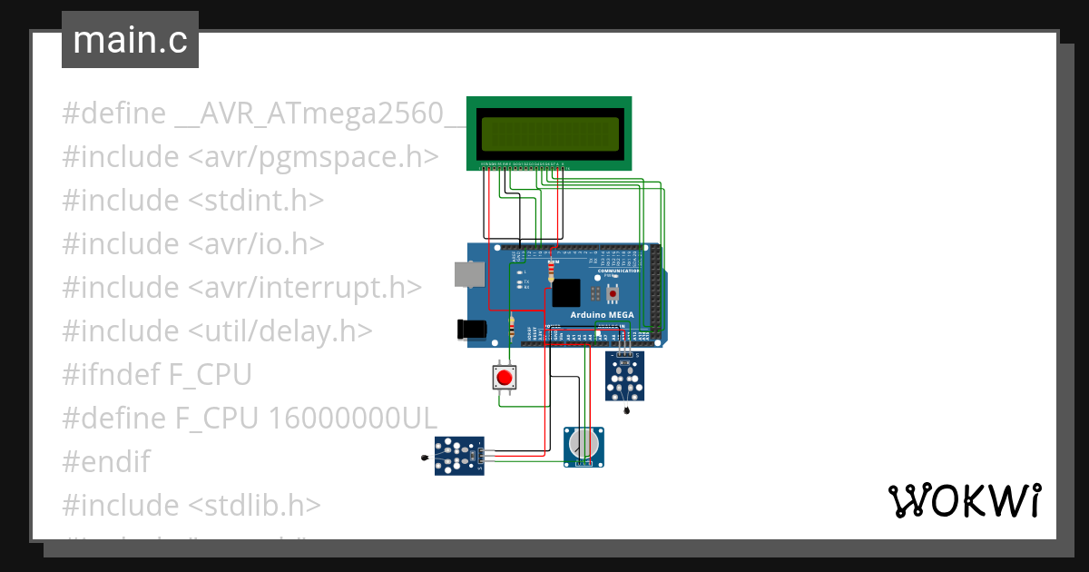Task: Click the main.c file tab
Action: tap(130, 40)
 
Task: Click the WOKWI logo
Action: tap(963, 500)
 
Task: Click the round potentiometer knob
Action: tap(583, 443)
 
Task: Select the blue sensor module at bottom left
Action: tap(458, 456)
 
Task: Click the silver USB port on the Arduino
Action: tap(468, 275)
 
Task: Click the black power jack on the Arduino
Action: tap(472, 330)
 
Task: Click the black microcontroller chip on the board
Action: tap(565, 293)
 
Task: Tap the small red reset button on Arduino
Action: tap(613, 294)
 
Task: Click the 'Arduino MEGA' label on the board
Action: tap(602, 315)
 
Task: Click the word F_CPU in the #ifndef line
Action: tap(213, 375)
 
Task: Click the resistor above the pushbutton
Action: tap(514, 325)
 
